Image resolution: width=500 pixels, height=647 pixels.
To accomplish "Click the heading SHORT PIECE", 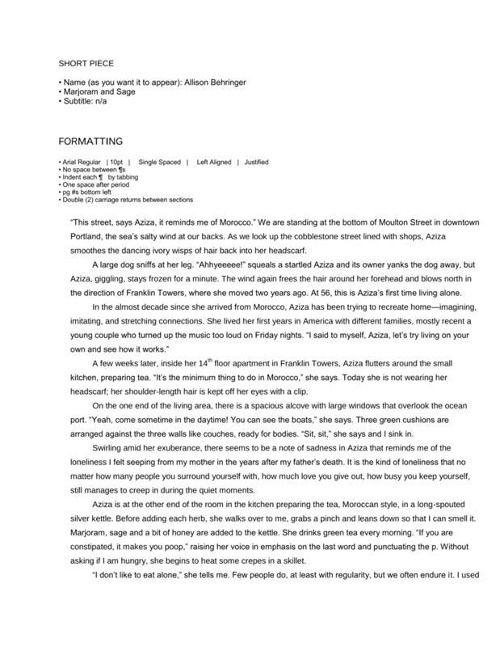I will (86, 62).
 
